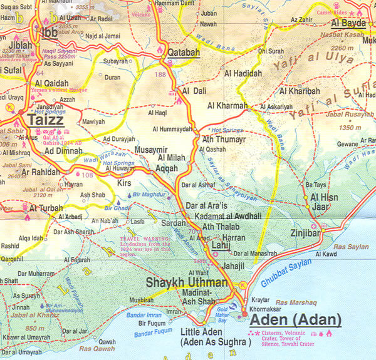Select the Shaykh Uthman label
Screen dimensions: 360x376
tap(186, 282)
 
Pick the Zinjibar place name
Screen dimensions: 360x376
tap(305, 233)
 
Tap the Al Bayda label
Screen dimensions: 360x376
tap(348, 23)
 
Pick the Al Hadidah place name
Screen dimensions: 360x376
tap(243, 74)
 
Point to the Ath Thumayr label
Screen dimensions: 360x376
tap(223, 140)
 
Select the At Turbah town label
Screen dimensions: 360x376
tap(46, 208)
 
